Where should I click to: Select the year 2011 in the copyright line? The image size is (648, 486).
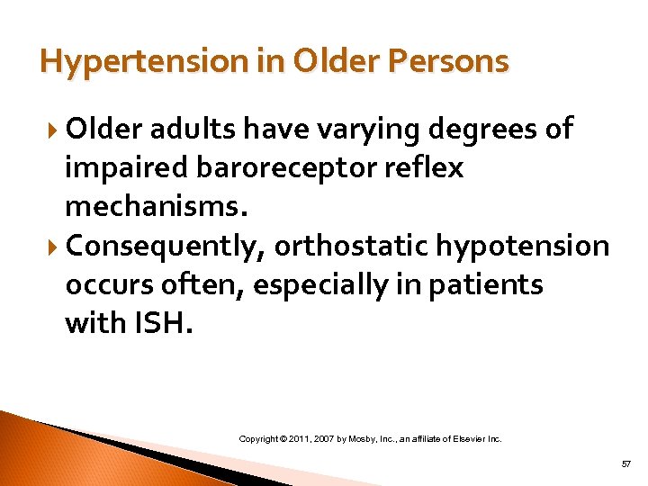point(303,439)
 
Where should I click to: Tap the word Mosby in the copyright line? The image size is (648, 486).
point(365,439)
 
